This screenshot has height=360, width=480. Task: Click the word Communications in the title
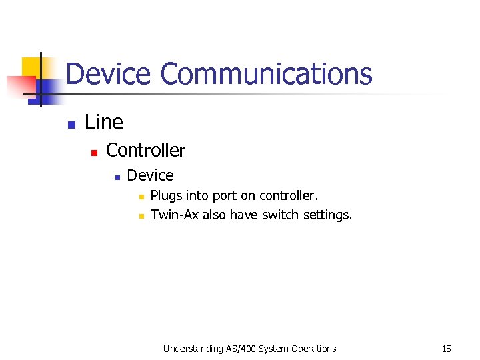(266, 74)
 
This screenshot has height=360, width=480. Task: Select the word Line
(104, 122)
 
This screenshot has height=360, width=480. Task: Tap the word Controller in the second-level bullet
(145, 150)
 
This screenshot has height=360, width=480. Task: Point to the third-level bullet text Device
(150, 175)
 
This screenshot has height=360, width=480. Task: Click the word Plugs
(165, 196)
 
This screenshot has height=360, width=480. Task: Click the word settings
(327, 215)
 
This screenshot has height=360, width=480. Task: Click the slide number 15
(447, 349)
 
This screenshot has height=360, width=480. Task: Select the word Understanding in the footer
(192, 349)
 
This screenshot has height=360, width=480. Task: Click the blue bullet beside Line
(71, 124)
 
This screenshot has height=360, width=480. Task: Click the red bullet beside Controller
(94, 153)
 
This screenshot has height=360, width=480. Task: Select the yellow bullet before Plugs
(140, 197)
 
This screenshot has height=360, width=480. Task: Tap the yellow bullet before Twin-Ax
(140, 216)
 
